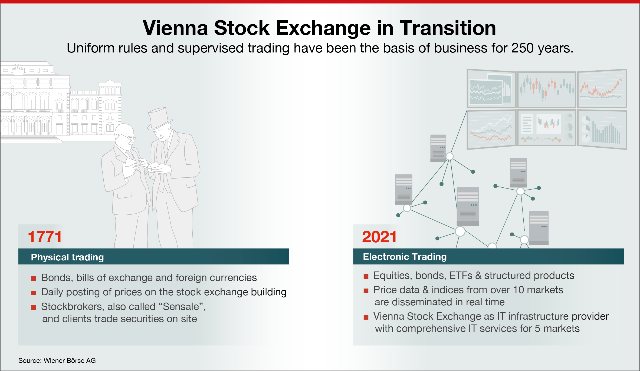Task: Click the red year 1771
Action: [x=45, y=237]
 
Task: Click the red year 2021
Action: [x=379, y=237]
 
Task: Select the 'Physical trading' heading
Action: [x=67, y=257]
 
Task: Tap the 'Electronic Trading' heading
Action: [x=405, y=257]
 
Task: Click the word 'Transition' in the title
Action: [x=448, y=28]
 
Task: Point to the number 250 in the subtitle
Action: [x=522, y=48]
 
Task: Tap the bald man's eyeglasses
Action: [x=129, y=137]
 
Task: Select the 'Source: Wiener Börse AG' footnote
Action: [x=57, y=360]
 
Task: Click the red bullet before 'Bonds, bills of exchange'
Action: [x=34, y=279]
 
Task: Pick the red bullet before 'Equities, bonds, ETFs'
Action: [x=366, y=276]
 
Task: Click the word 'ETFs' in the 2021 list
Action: [x=461, y=276]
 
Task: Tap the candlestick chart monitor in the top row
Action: [x=547, y=90]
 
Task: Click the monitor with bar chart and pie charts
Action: [x=602, y=130]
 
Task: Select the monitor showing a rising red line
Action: [x=602, y=89]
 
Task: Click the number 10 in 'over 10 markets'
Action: [x=518, y=290]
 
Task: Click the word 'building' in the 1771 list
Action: [x=269, y=292]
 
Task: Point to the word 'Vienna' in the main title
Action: [x=175, y=28]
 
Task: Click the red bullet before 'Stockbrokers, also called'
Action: [x=34, y=307]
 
